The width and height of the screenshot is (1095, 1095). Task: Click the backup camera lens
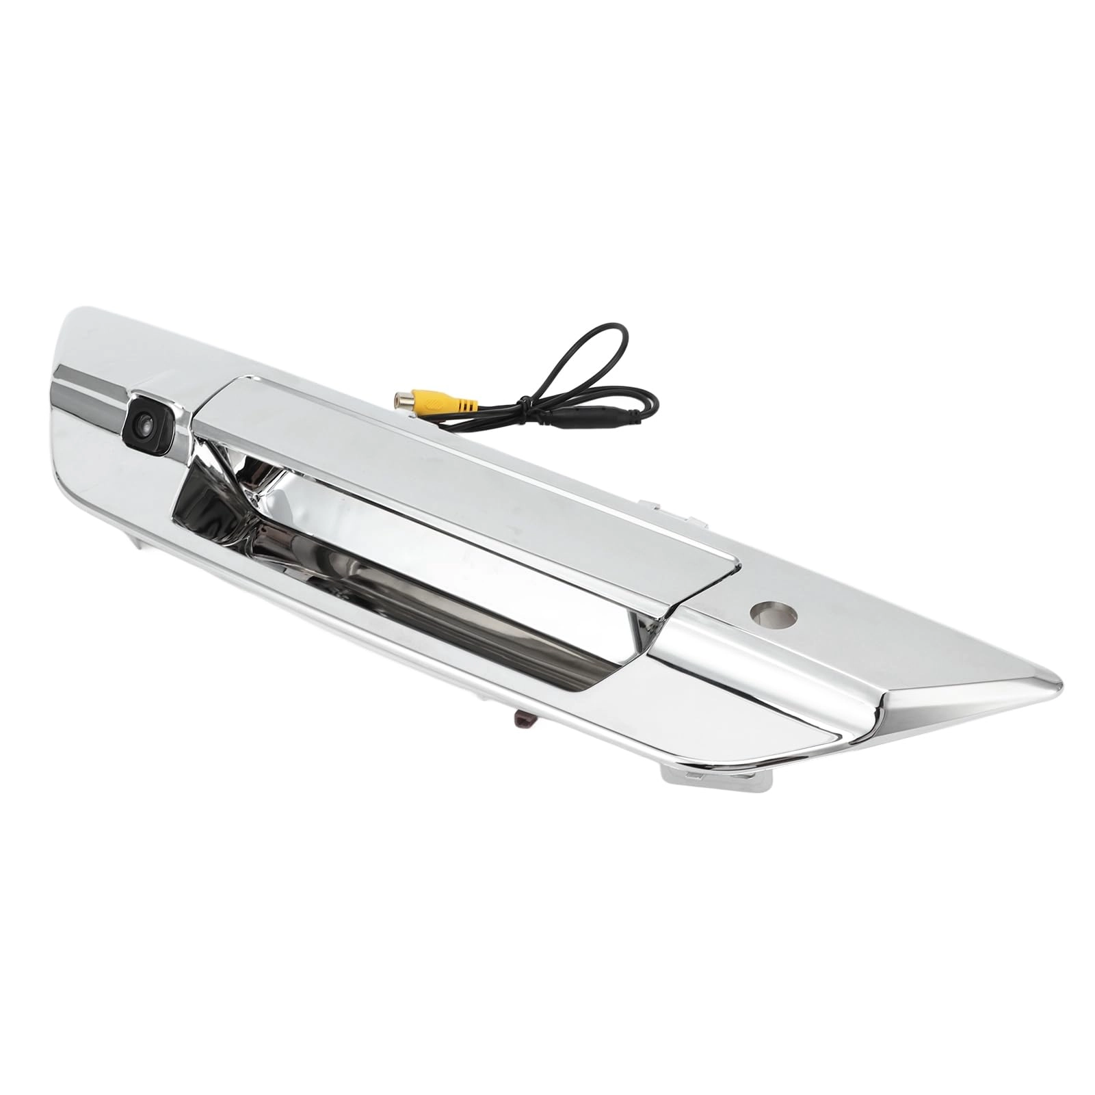point(144,425)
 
